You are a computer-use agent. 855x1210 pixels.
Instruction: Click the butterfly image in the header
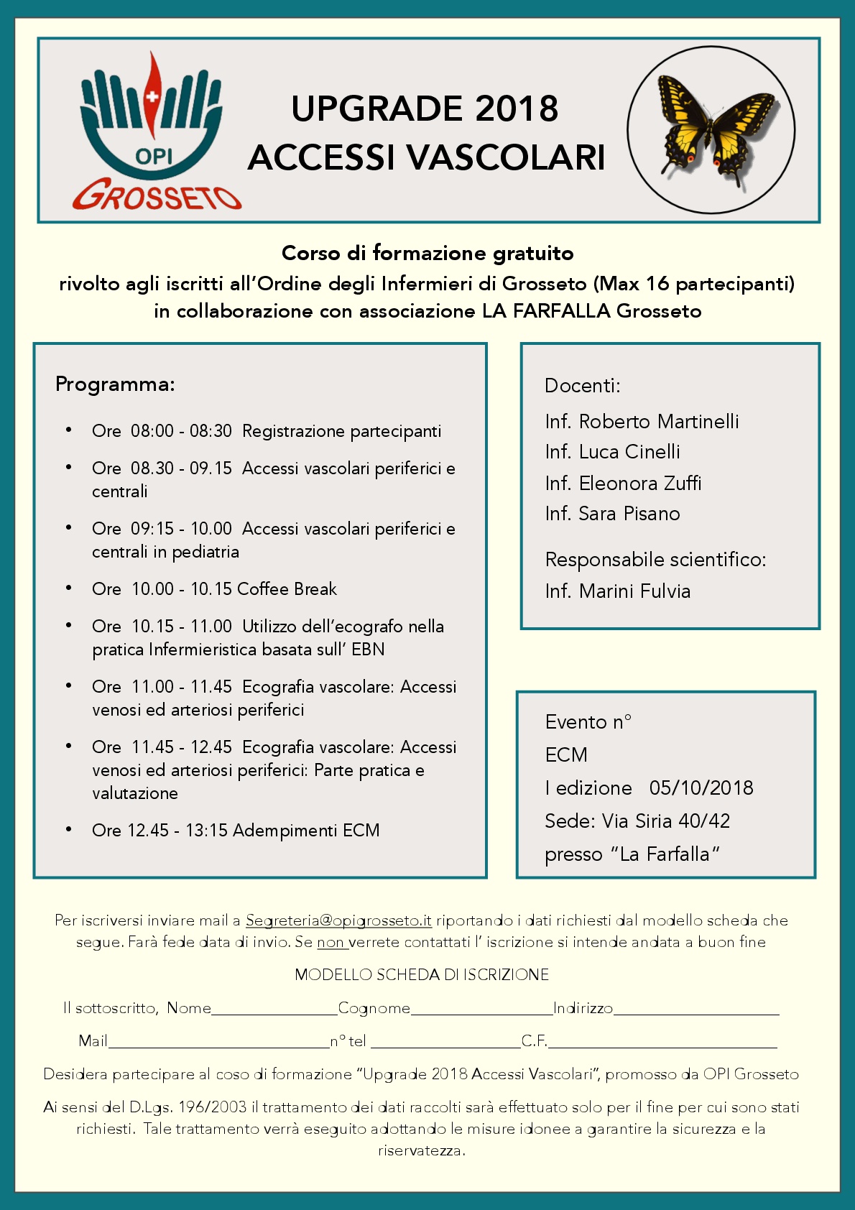(711, 131)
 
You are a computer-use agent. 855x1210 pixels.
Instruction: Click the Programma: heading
(115, 384)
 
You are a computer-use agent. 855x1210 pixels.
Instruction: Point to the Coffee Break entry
(287, 589)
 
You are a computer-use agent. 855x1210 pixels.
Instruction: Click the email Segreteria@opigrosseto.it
(338, 920)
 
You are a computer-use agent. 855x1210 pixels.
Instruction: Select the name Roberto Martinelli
(658, 422)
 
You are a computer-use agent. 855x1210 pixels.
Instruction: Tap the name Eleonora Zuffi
(639, 484)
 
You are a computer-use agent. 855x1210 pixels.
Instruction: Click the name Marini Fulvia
(634, 591)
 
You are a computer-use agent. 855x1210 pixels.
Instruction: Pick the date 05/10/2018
(701, 788)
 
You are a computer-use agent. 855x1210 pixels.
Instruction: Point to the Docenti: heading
(582, 386)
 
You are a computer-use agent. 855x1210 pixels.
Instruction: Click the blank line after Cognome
(481, 1010)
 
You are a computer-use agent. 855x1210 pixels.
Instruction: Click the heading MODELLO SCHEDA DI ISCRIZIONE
(422, 975)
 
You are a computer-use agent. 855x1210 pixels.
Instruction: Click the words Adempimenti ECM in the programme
(306, 831)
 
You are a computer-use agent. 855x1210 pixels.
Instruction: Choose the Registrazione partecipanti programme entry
(341, 431)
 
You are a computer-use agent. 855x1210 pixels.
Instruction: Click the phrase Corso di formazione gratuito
(427, 253)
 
